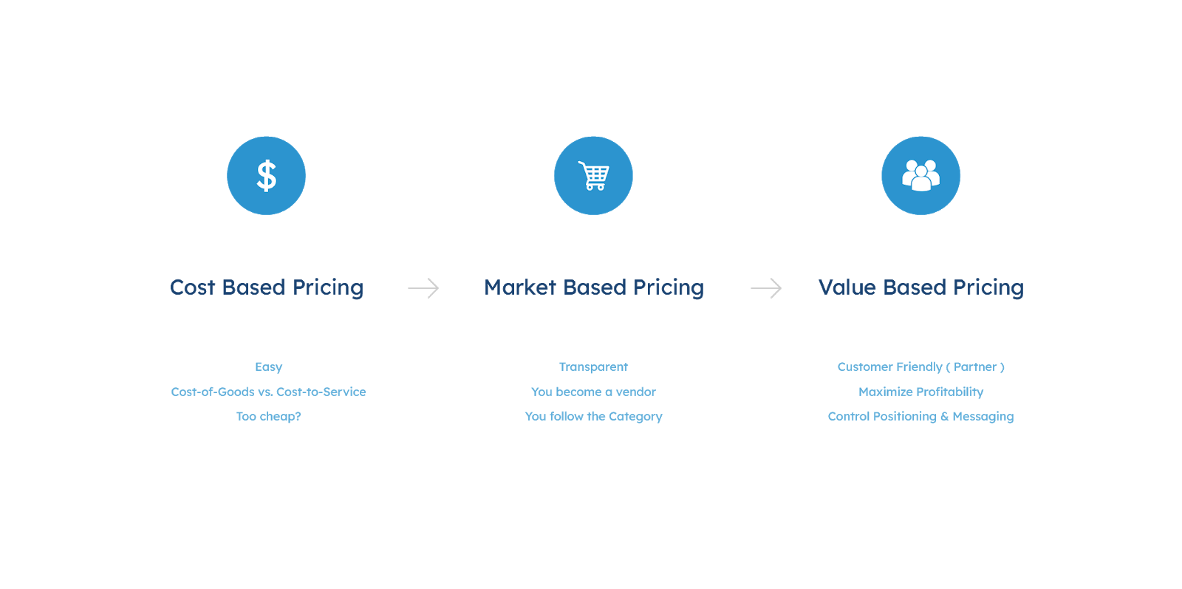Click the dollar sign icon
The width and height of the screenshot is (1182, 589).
(x=266, y=176)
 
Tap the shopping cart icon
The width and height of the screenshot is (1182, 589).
(x=593, y=176)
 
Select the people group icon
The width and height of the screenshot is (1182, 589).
(x=920, y=176)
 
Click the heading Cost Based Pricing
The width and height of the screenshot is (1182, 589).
(x=267, y=287)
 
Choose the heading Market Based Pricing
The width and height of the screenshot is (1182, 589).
(x=594, y=287)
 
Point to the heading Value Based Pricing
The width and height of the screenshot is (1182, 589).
(x=921, y=287)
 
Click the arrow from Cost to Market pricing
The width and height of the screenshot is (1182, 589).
(x=423, y=288)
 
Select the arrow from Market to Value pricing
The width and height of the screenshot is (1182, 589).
(x=766, y=288)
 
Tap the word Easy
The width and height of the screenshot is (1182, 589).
(x=268, y=367)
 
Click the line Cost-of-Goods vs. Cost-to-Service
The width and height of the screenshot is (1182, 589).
(x=268, y=392)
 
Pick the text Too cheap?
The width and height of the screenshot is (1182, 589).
(x=268, y=416)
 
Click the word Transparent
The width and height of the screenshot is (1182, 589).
(x=593, y=367)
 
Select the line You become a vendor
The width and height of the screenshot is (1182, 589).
(x=593, y=392)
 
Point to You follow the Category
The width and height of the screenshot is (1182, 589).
(x=593, y=416)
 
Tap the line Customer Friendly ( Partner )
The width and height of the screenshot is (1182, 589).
(x=920, y=367)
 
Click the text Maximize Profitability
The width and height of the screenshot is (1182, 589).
(x=920, y=392)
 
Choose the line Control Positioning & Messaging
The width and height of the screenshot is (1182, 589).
(x=920, y=416)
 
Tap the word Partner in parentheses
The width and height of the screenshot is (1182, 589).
(x=975, y=367)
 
